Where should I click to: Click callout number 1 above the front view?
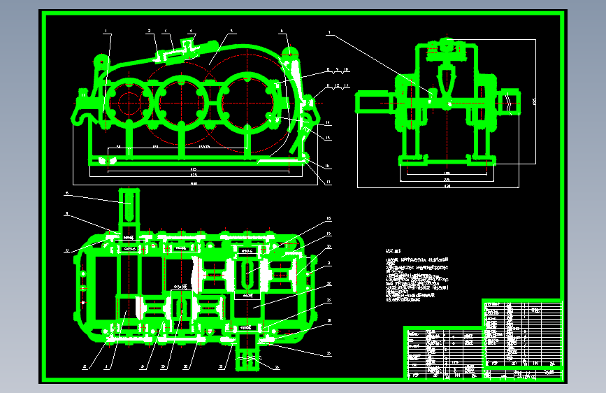click(x=106, y=31)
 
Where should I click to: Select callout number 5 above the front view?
click(x=231, y=31)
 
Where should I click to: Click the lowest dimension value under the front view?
click(x=194, y=183)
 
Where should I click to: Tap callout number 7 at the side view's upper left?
click(x=328, y=31)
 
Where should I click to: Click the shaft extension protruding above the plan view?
click(x=129, y=206)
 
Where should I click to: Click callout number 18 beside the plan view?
click(x=328, y=220)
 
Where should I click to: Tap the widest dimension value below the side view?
click(x=447, y=187)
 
